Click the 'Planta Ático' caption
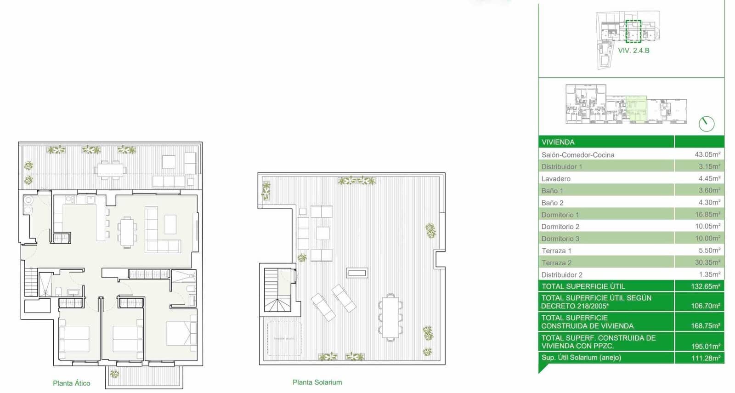tap(71, 383)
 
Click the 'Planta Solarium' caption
tap(317, 382)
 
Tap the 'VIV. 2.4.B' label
tap(633, 51)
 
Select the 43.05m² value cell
tap(707, 154)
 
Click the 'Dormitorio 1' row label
tap(560, 215)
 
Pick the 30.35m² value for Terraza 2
tap(707, 262)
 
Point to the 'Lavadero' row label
tap(556, 178)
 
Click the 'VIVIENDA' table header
tap(558, 142)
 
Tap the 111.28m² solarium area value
tap(705, 358)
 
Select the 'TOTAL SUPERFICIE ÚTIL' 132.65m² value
tap(705, 286)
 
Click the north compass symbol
tap(706, 124)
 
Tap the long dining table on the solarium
tap(390, 317)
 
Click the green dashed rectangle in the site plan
tap(633, 31)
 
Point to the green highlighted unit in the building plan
tap(637, 109)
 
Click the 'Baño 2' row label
tap(552, 203)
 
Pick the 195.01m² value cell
tap(705, 346)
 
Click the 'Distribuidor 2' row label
tap(562, 274)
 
